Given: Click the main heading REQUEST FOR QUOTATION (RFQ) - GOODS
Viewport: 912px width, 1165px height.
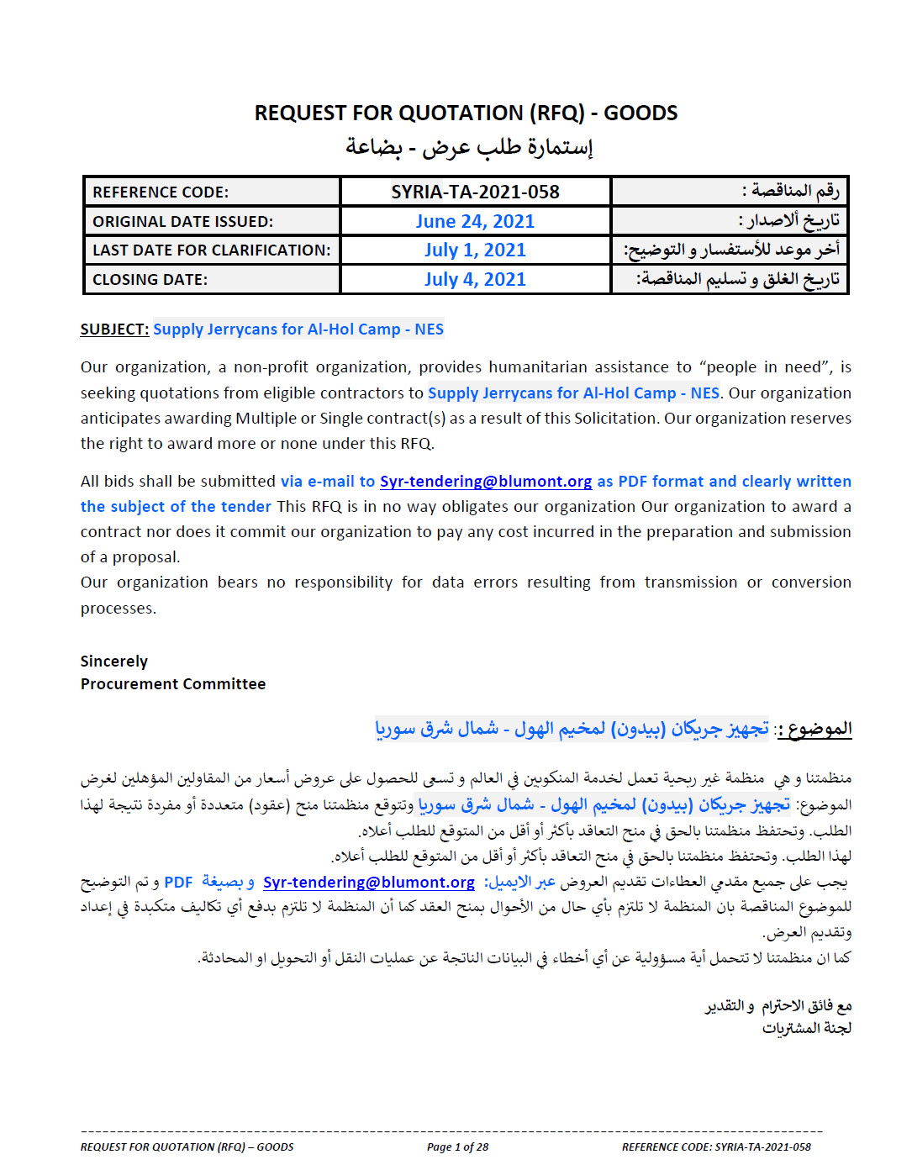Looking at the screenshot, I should [x=466, y=113].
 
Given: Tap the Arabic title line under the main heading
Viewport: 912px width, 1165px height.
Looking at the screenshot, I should [x=469, y=147].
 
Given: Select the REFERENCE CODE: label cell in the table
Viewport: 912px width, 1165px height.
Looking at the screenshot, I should [x=161, y=192].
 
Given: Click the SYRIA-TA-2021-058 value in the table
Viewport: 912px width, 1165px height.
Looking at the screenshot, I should [x=475, y=192].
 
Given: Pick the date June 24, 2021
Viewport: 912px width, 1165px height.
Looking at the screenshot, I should [x=475, y=221].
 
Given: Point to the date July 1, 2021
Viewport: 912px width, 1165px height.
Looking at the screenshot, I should [x=475, y=250].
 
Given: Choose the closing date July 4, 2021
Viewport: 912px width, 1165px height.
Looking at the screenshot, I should [x=475, y=279].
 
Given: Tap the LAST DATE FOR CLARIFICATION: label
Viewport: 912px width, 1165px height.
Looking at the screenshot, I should [x=211, y=250].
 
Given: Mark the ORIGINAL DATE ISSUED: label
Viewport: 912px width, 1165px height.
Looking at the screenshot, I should [x=182, y=222].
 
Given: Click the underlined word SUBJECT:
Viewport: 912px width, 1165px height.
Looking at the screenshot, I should [x=114, y=329].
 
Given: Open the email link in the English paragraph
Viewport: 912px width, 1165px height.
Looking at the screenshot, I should [x=486, y=482].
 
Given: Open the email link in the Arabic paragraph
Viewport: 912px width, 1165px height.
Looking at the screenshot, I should [x=369, y=883].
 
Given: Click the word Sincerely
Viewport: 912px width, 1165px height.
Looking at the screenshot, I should [x=114, y=662].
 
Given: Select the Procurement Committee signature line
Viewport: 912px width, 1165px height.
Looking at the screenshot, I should [x=173, y=684].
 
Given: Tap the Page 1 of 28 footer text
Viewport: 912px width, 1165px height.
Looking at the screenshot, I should [x=457, y=1147].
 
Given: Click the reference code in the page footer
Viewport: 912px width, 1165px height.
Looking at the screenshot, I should [x=716, y=1147].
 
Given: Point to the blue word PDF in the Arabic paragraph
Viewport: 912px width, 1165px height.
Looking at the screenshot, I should [x=178, y=883].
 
